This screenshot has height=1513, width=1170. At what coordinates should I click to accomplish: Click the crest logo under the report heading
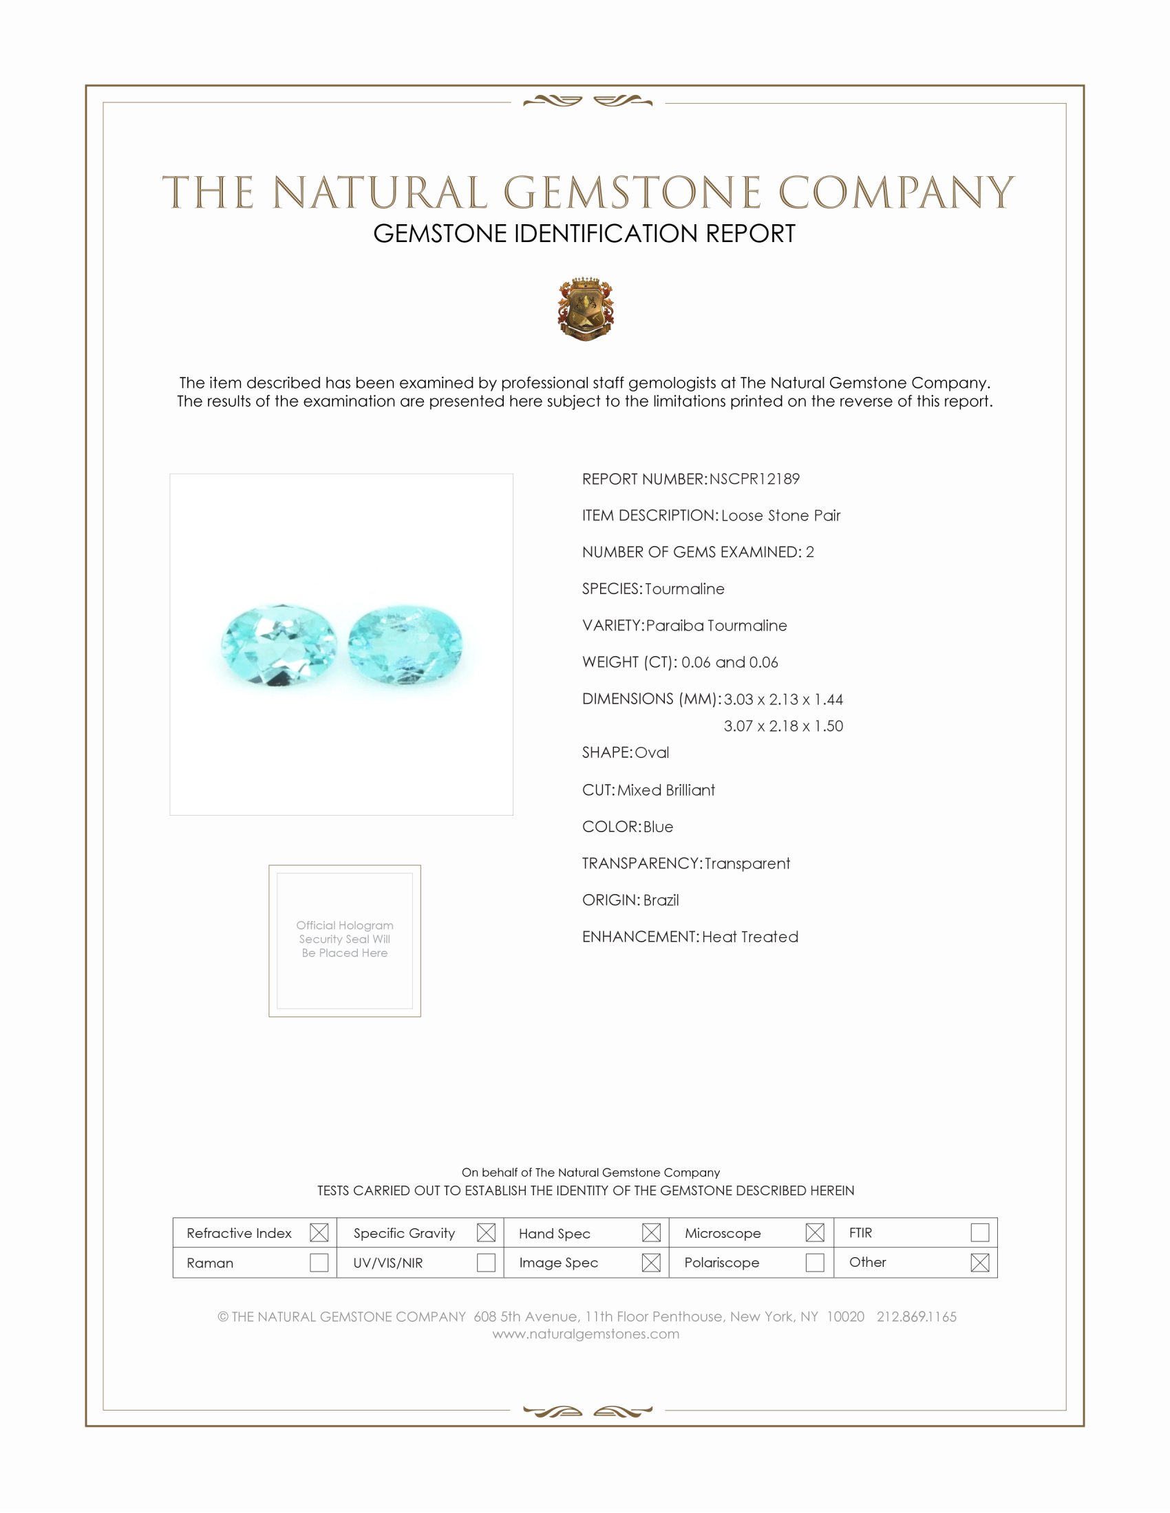click(x=585, y=309)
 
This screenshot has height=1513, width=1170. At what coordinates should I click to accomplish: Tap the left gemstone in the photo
click(x=279, y=645)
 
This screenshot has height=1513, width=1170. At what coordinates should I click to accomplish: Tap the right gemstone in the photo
click(x=405, y=645)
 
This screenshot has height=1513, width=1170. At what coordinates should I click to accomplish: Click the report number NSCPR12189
click(x=754, y=479)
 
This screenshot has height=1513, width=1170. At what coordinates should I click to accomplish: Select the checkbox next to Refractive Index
click(x=319, y=1232)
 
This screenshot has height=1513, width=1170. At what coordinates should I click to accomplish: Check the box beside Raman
click(x=319, y=1262)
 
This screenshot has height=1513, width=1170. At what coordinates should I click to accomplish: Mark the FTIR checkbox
click(x=979, y=1232)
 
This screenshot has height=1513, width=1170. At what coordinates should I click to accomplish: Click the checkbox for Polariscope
click(x=815, y=1262)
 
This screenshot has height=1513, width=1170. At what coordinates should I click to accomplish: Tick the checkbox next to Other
click(x=979, y=1262)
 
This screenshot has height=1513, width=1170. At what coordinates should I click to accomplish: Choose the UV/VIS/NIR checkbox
click(x=486, y=1262)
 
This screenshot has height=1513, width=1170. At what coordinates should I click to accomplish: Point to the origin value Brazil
click(x=661, y=900)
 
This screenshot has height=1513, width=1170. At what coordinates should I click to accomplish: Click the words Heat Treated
click(x=750, y=937)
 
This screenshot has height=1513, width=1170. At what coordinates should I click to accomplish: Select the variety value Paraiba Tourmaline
click(x=716, y=626)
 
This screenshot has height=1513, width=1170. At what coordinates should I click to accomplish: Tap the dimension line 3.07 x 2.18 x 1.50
click(x=783, y=726)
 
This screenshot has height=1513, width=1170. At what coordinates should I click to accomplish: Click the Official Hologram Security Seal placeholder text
click(x=345, y=939)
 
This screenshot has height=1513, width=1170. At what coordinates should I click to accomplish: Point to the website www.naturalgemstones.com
click(x=586, y=1334)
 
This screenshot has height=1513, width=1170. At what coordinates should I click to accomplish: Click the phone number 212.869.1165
click(x=916, y=1316)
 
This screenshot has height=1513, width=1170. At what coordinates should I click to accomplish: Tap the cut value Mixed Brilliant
click(x=666, y=790)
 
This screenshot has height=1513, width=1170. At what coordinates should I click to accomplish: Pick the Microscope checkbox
click(x=815, y=1232)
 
